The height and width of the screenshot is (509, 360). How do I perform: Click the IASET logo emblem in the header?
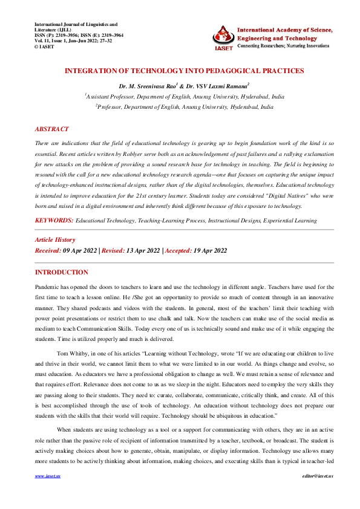pyautogui.click(x=222, y=37)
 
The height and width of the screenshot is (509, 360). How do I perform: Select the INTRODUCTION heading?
pyautogui.click(x=62, y=273)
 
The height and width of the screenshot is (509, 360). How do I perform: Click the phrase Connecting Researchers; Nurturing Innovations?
pyautogui.click(x=284, y=46)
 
